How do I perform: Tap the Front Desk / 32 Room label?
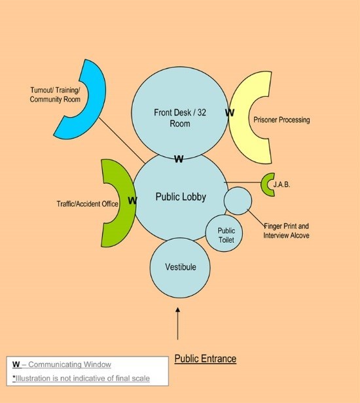click(180, 118)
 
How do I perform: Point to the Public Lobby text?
click(181, 197)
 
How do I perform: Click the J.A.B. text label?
click(281, 184)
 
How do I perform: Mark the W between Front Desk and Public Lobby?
click(179, 159)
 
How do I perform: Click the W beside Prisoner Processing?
click(230, 113)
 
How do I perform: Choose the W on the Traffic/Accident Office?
click(132, 201)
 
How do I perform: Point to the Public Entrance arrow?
click(177, 324)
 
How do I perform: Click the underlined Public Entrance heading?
click(206, 359)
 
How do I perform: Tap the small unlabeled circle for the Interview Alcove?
click(238, 201)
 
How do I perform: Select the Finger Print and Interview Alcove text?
click(286, 231)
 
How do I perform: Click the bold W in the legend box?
click(16, 364)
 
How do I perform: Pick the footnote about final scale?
click(81, 378)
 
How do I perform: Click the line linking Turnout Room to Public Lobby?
click(122, 140)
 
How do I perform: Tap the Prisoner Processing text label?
click(281, 120)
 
